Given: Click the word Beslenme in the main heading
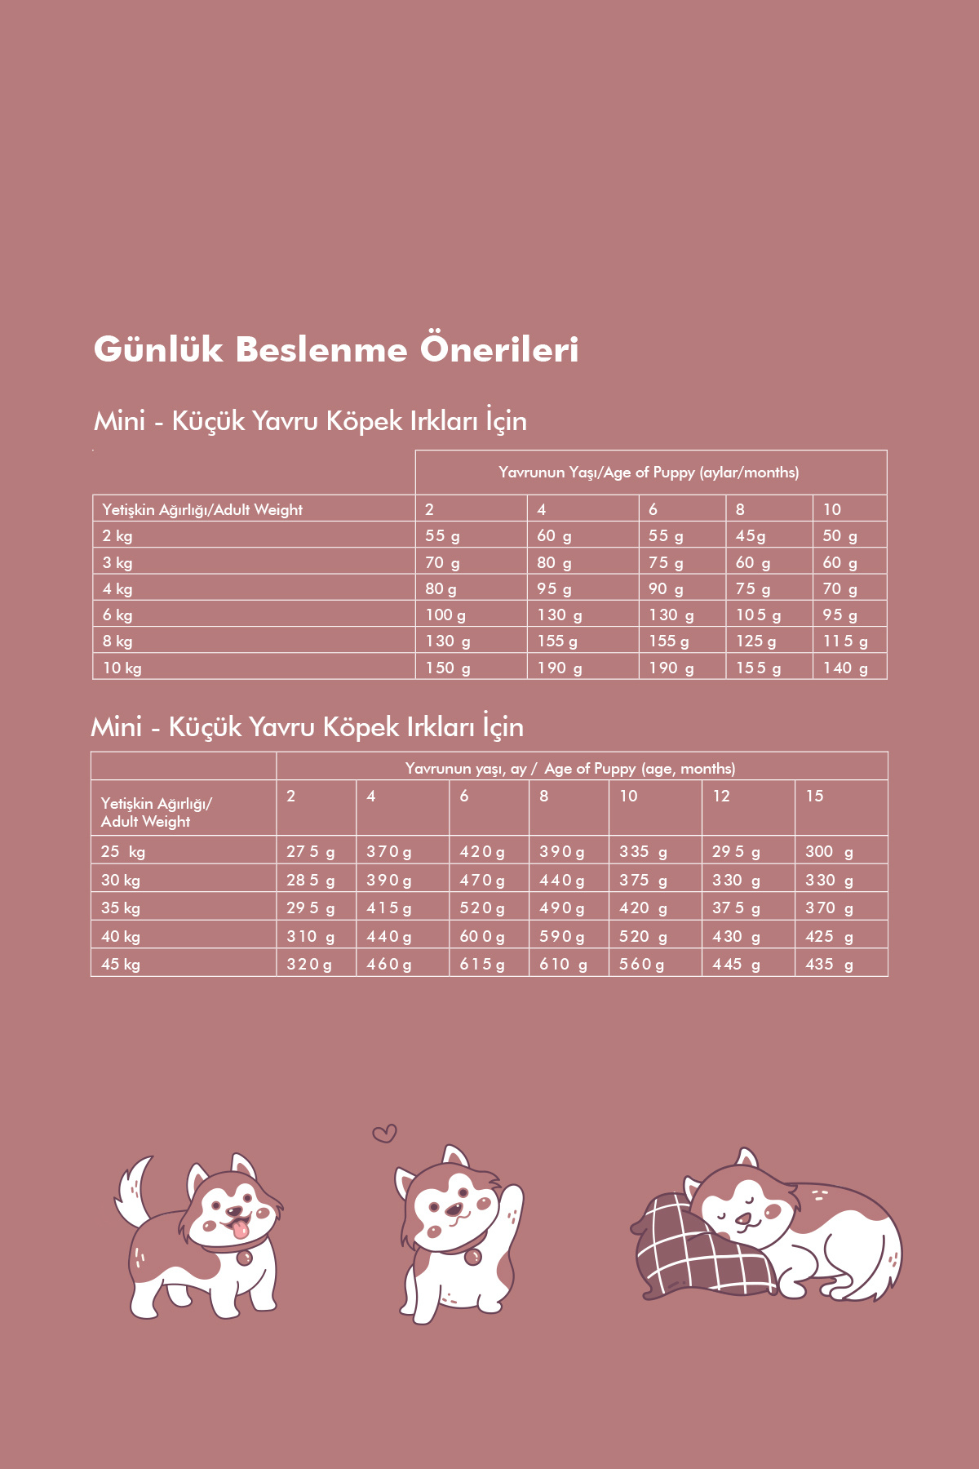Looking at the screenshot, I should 321,350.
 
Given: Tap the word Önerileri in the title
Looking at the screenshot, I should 499,348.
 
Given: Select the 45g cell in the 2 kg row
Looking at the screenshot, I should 751,536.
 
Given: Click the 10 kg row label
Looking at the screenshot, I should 122,668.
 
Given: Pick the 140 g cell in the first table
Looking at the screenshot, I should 845,668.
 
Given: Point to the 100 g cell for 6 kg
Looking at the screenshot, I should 445,615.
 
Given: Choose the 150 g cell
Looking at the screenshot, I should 448,668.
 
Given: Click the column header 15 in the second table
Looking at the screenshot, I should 814,796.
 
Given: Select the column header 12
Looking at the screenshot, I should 721,796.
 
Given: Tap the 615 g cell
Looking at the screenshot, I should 482,964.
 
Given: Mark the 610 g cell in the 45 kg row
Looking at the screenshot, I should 563,964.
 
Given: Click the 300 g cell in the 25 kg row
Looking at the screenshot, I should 829,852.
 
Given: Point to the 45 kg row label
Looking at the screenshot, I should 121,964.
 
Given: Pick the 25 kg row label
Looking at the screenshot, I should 123,852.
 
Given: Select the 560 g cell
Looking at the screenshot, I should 641,964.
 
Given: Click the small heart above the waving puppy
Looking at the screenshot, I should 384,1133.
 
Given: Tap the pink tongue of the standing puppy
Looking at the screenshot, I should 240,1229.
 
